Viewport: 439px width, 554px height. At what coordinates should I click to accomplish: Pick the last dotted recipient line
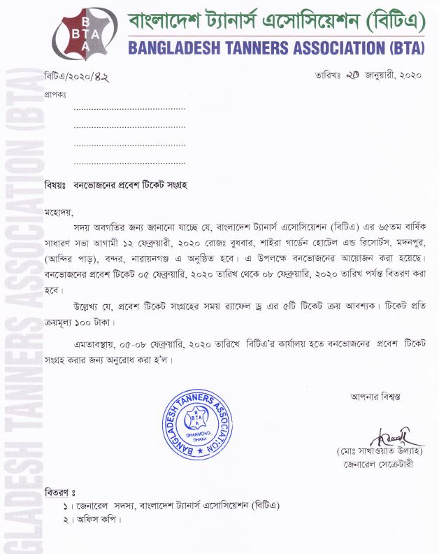point(129,163)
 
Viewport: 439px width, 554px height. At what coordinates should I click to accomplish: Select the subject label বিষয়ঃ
point(55,186)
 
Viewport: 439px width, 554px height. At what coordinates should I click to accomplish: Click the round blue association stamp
point(196,425)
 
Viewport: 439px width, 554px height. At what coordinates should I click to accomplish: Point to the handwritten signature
point(384,437)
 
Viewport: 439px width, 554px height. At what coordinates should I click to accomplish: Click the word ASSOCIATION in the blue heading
point(333,48)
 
